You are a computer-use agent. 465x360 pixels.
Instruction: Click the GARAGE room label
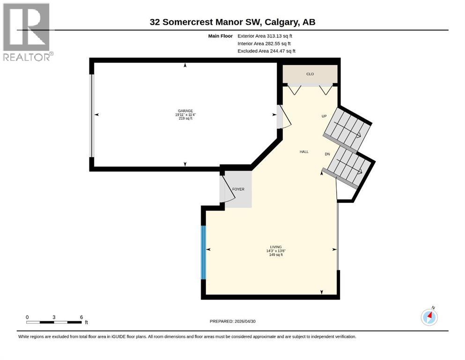tap(185, 111)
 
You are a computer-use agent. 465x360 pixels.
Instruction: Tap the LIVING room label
tap(276, 247)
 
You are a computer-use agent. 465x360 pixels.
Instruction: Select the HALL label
tap(304, 152)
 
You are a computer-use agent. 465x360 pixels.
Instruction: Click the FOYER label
tap(238, 189)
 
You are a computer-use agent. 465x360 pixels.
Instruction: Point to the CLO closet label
tap(310, 74)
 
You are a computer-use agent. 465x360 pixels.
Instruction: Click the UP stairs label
tap(324, 116)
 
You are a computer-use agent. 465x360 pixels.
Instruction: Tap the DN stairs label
tap(327, 154)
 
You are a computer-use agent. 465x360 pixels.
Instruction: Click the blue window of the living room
tap(203, 253)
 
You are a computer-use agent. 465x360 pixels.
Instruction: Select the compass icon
tap(429, 317)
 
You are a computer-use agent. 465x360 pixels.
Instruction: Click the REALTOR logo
tap(28, 32)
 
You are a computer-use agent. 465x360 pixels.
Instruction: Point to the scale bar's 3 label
tap(54, 317)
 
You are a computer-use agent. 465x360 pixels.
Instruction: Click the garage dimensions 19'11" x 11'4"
tap(185, 114)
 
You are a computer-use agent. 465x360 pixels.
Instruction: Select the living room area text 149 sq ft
tap(276, 255)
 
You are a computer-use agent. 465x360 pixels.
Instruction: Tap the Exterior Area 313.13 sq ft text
tap(265, 36)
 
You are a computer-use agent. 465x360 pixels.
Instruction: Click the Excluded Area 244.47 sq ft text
tap(266, 51)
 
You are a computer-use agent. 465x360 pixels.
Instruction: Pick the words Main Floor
tap(221, 36)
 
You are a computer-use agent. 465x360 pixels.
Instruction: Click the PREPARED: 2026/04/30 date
tap(232, 321)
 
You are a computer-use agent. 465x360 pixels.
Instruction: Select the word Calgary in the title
tap(282, 22)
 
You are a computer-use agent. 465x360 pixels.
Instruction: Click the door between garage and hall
tap(284, 117)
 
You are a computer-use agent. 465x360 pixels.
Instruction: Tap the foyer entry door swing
tap(228, 189)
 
